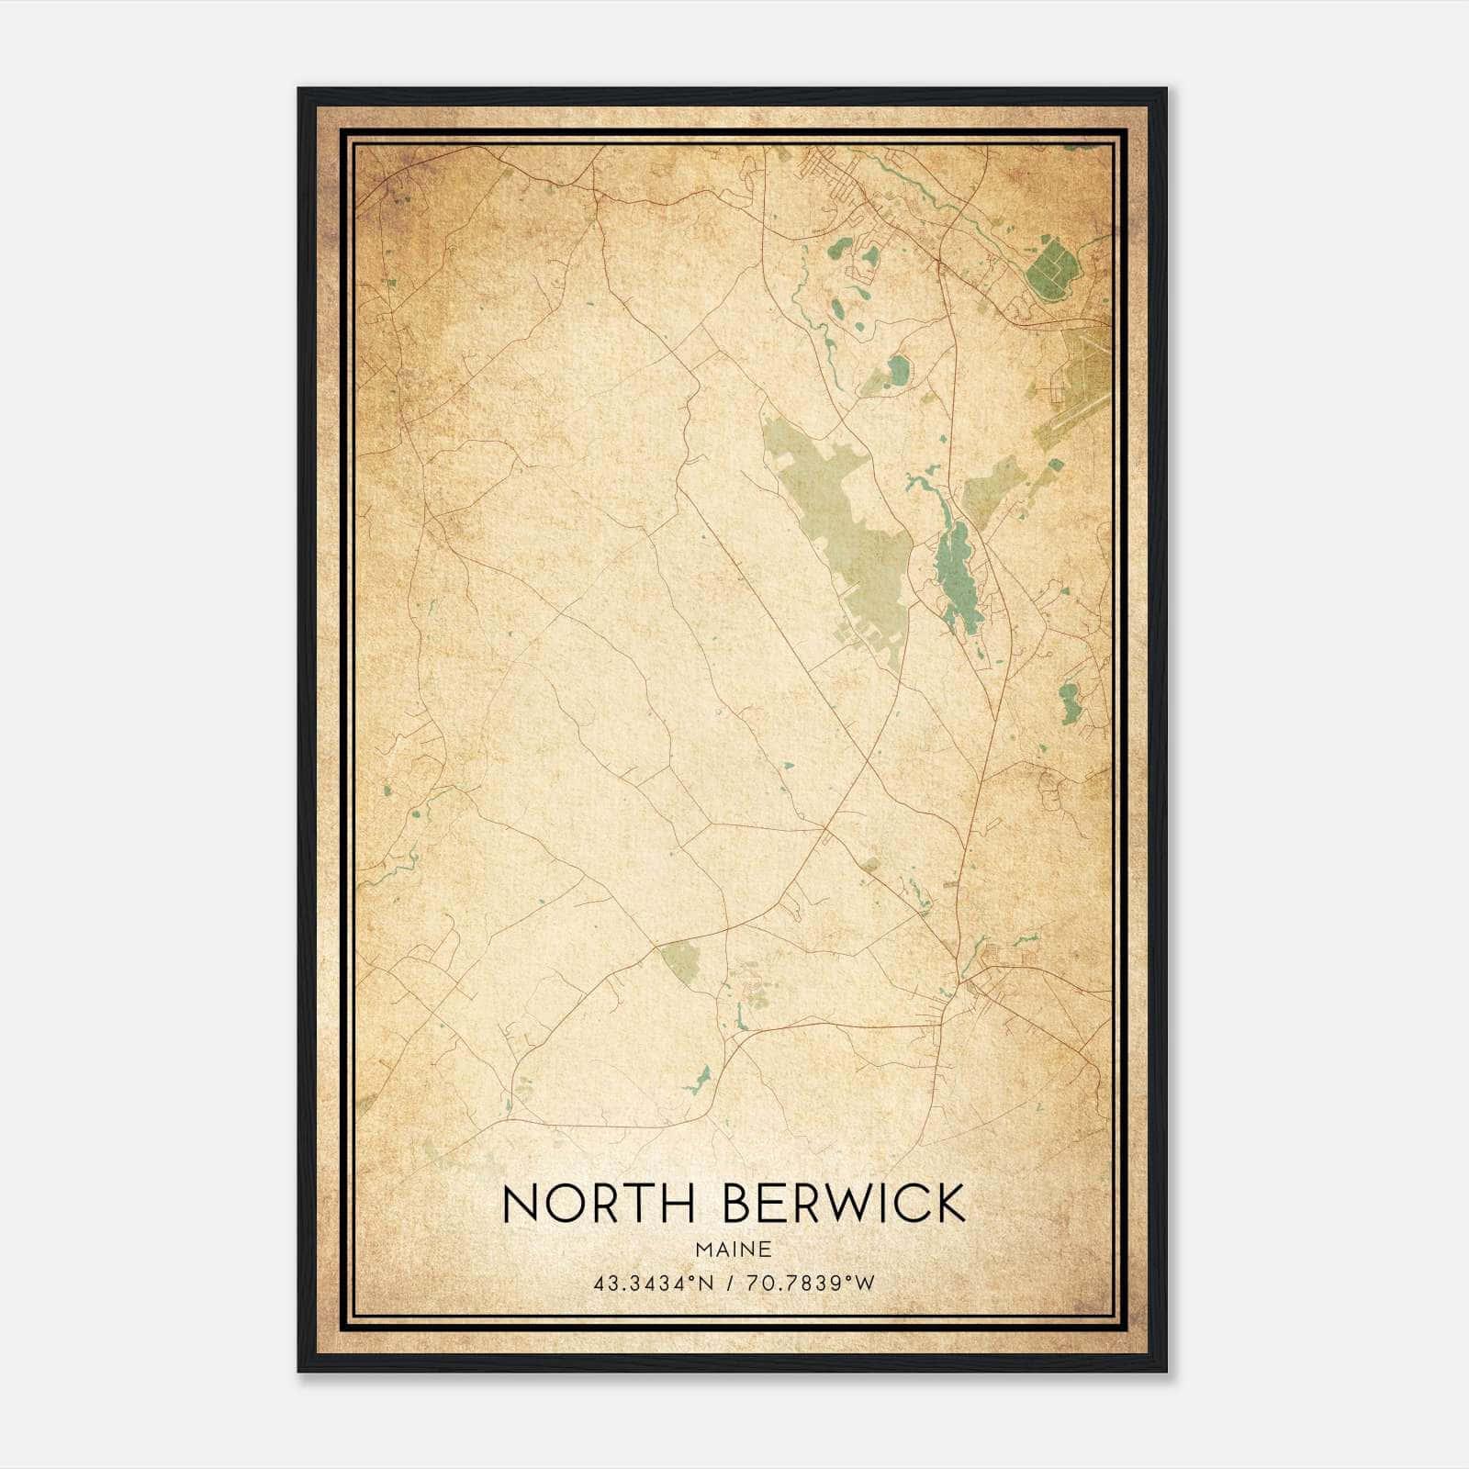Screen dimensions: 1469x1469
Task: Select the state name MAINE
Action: click(734, 1250)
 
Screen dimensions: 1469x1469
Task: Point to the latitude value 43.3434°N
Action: click(653, 1284)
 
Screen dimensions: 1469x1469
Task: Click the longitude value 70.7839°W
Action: click(813, 1284)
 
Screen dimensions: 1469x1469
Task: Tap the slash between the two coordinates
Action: click(733, 1284)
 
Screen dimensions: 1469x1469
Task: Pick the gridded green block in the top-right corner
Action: click(1052, 266)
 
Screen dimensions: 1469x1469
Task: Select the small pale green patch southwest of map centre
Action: click(680, 959)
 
